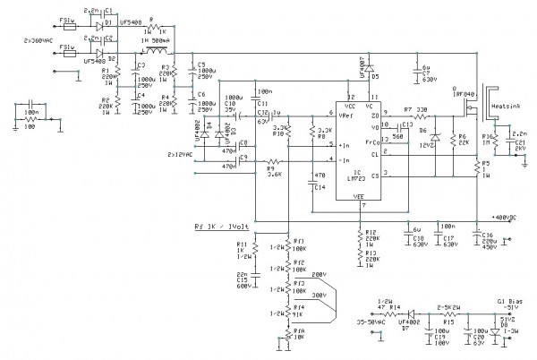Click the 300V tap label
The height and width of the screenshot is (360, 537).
(320, 293)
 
